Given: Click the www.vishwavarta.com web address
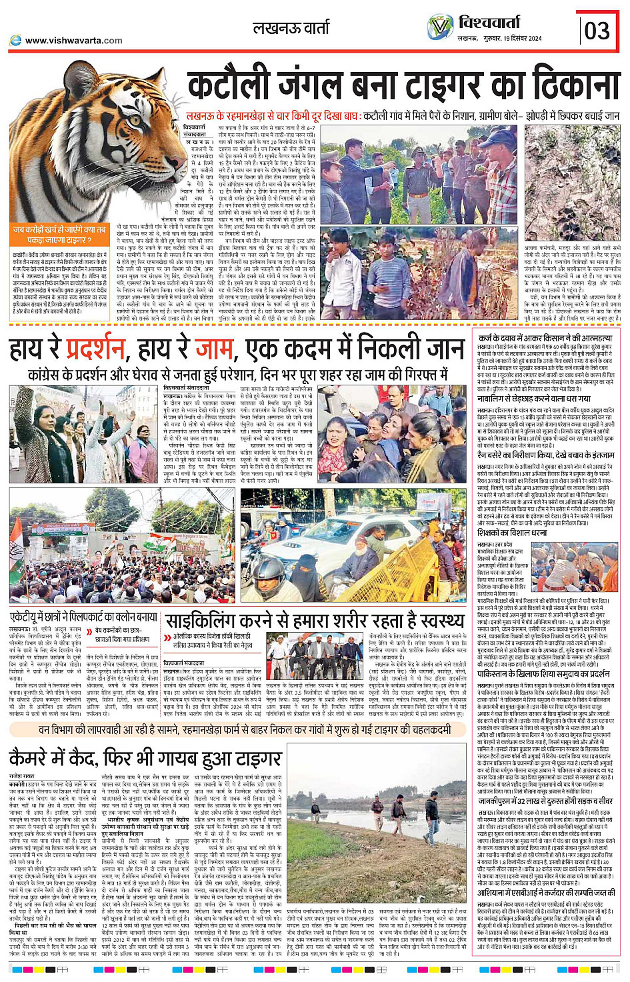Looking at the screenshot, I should click(x=73, y=41).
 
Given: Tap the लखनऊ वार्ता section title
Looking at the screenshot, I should click(x=291, y=28).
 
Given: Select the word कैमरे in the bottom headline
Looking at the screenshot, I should click(x=39, y=758).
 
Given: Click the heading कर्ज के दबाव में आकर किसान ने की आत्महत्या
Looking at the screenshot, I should click(x=545, y=338).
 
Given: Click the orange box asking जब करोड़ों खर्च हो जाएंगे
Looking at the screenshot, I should click(x=59, y=234).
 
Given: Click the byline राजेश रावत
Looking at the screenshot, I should click(x=22, y=776).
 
